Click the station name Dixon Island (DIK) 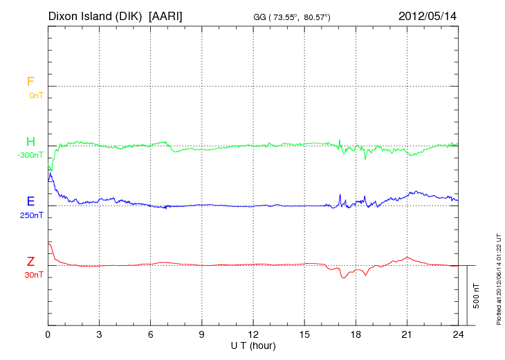96,15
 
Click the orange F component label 30,82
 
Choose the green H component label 30,142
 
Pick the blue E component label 30,201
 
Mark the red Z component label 30,262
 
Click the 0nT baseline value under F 35,95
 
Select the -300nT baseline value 30,155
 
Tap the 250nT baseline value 31,215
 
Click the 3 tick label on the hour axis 99,334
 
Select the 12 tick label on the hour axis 253,334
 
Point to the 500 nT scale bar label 476,296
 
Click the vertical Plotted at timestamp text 498,278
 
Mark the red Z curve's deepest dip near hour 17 343,278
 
